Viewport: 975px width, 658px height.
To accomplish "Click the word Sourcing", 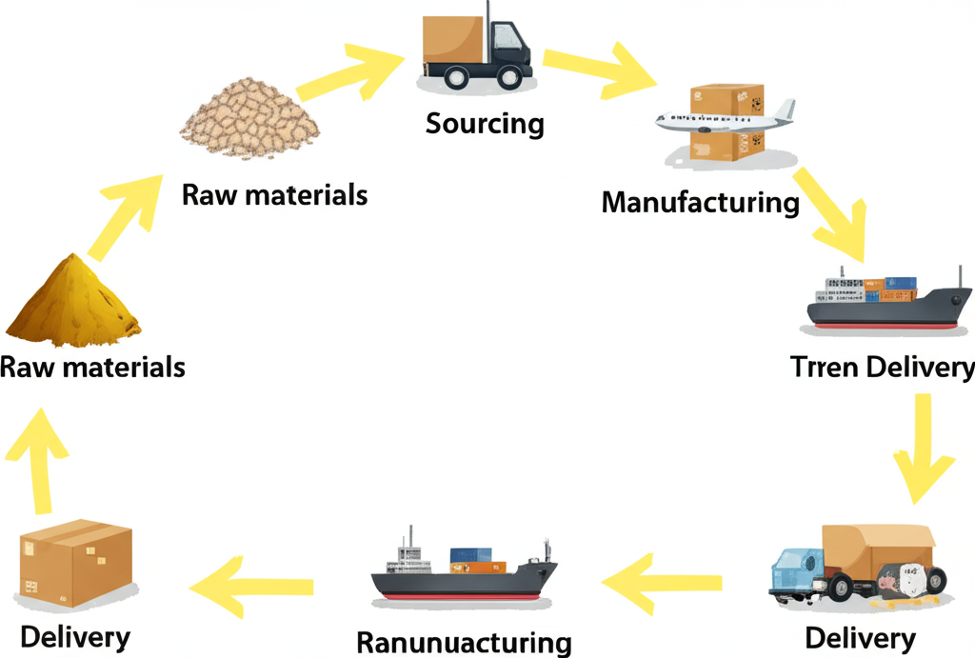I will tap(485, 125).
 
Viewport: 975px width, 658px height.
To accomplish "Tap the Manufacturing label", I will tap(700, 202).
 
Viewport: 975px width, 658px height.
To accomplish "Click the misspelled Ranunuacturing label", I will tap(464, 642).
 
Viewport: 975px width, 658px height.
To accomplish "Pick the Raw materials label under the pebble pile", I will tap(274, 195).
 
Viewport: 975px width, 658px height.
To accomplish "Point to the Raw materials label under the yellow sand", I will tap(92, 367).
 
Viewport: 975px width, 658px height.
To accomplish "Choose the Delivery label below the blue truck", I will tap(860, 636).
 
